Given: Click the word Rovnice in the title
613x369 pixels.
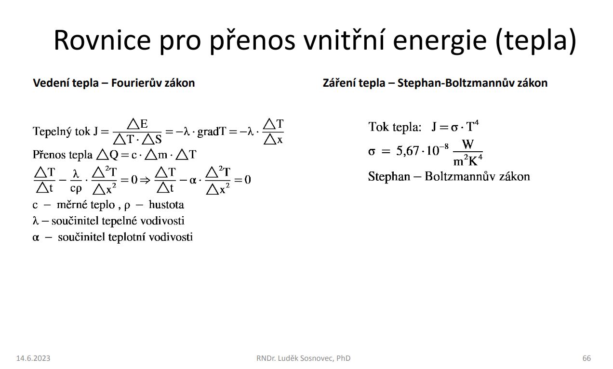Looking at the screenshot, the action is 102,40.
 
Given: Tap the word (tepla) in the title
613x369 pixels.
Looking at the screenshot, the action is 535,40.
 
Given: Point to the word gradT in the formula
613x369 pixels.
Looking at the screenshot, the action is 212,132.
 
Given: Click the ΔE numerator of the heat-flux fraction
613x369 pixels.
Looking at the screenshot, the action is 138,124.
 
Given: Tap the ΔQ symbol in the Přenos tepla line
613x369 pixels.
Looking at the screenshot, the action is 107,155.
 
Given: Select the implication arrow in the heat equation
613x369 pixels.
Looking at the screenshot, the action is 145,180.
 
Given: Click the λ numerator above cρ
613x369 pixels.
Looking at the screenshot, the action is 76,174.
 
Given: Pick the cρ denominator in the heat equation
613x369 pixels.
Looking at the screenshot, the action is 76,188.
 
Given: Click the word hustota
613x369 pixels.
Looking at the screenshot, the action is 166,205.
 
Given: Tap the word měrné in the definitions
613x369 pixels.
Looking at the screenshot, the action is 72,205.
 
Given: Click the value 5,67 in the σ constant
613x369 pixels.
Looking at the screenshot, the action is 408,151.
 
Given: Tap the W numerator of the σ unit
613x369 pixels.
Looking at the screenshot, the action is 467,144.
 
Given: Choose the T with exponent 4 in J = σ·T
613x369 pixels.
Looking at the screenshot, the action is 472,126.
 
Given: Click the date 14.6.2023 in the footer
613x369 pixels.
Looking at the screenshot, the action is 33,358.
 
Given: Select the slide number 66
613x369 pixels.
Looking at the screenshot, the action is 586,358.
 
